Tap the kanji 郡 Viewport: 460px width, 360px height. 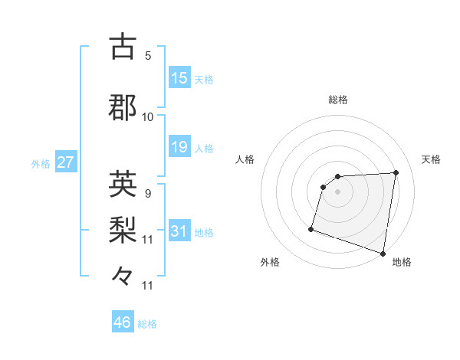pos(123,107)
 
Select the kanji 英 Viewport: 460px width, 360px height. pos(123,184)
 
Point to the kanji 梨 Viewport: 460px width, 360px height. pos(123,230)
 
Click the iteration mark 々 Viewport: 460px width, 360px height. pos(123,275)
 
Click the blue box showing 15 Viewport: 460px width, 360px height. pos(179,78)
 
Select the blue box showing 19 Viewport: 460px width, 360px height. pos(179,147)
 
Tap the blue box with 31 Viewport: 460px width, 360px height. pos(179,232)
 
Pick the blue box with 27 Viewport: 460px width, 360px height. pos(65,163)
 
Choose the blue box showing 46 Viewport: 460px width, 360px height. pos(123,323)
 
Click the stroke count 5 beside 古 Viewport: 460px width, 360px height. pos(148,55)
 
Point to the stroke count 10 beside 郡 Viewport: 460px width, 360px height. pos(148,117)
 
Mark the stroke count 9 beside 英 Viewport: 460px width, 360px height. pos(148,194)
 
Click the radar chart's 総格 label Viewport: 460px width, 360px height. pos(338,100)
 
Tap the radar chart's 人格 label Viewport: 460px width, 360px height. pos(245,159)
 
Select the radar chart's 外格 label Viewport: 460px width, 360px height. pos(270,263)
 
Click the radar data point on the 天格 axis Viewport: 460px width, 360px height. pos(396,172)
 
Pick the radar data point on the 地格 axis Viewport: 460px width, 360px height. pos(383,253)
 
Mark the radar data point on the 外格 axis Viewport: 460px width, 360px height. pos(311,228)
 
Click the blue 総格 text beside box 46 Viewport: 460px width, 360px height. pos(147,324)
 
